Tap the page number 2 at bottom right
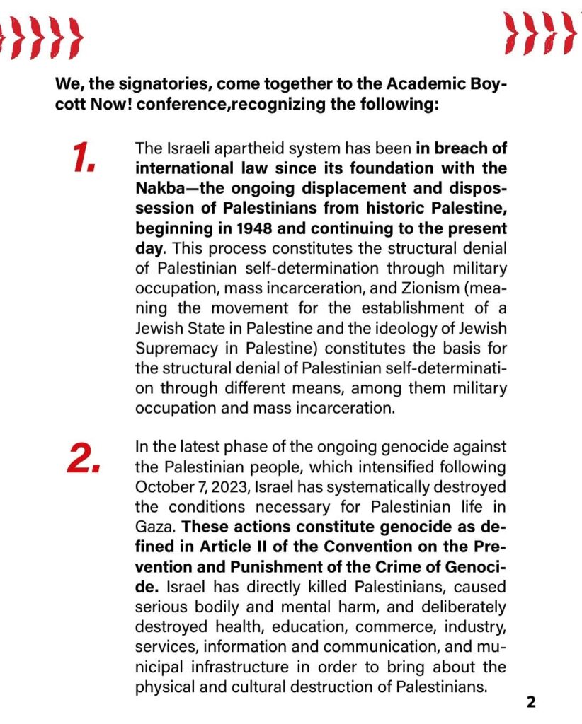(531, 702)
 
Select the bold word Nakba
(161, 189)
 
